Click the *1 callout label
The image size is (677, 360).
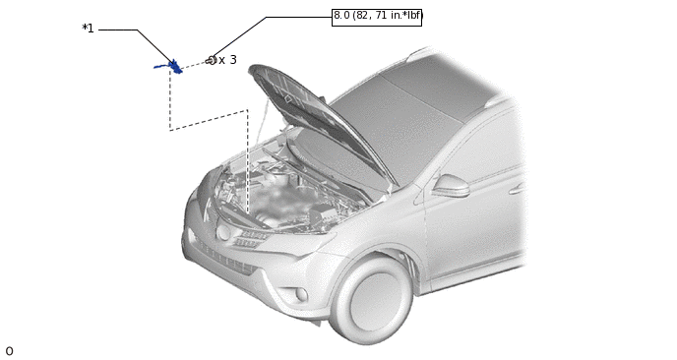[x=89, y=29]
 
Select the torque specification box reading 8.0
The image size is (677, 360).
[x=377, y=17]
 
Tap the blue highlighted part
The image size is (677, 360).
[x=169, y=67]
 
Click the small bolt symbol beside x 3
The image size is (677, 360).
[x=212, y=60]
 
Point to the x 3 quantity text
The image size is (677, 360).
[x=227, y=60]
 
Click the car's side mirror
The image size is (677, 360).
[x=451, y=186]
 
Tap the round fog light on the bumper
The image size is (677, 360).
[x=301, y=294]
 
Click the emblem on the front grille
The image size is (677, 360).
[x=223, y=233]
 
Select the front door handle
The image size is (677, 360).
[x=518, y=189]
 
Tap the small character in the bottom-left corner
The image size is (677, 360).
[x=9, y=351]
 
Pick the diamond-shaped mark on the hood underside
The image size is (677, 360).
[x=288, y=98]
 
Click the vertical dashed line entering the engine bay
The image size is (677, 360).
[x=247, y=161]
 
